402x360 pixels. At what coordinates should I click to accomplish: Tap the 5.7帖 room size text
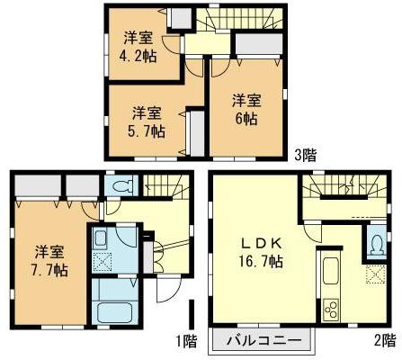tap(146, 130)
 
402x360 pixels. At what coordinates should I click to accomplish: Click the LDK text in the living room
tap(262, 244)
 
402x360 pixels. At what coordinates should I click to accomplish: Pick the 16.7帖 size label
tap(263, 263)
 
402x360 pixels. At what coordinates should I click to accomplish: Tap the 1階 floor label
tap(185, 340)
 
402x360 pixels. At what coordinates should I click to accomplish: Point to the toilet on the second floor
tap(375, 243)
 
